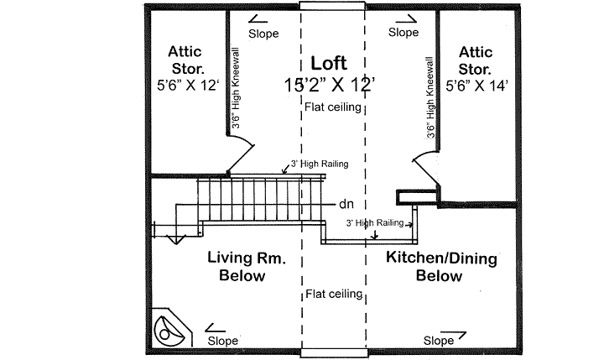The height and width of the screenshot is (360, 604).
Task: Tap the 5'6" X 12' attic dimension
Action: (x=186, y=85)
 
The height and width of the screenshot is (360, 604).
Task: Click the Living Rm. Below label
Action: (x=247, y=267)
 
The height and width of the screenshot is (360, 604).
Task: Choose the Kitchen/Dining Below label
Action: (x=440, y=267)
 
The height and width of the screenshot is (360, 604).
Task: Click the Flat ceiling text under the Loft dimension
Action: (x=333, y=107)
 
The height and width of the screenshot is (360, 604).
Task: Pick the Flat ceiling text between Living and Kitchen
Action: (x=333, y=295)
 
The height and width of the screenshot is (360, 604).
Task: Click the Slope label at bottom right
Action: (x=439, y=341)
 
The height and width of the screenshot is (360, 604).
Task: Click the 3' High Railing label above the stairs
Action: (x=319, y=164)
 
